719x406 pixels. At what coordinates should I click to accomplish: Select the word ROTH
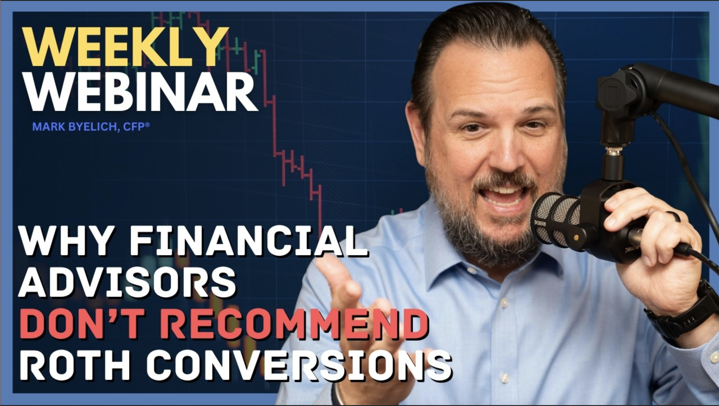coord(75,365)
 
